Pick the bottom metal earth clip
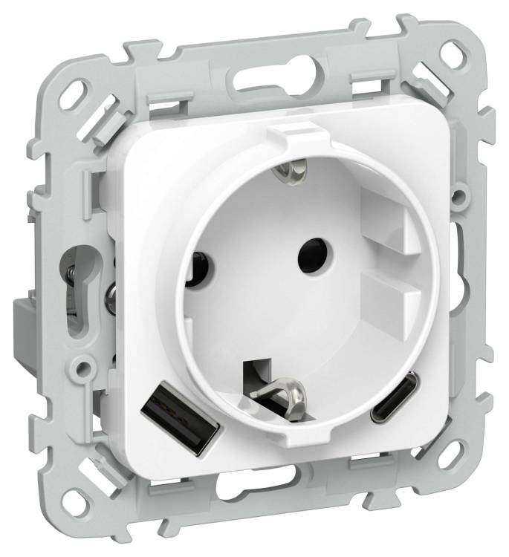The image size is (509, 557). (282, 387)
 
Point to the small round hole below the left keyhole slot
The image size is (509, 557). (87, 365)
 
